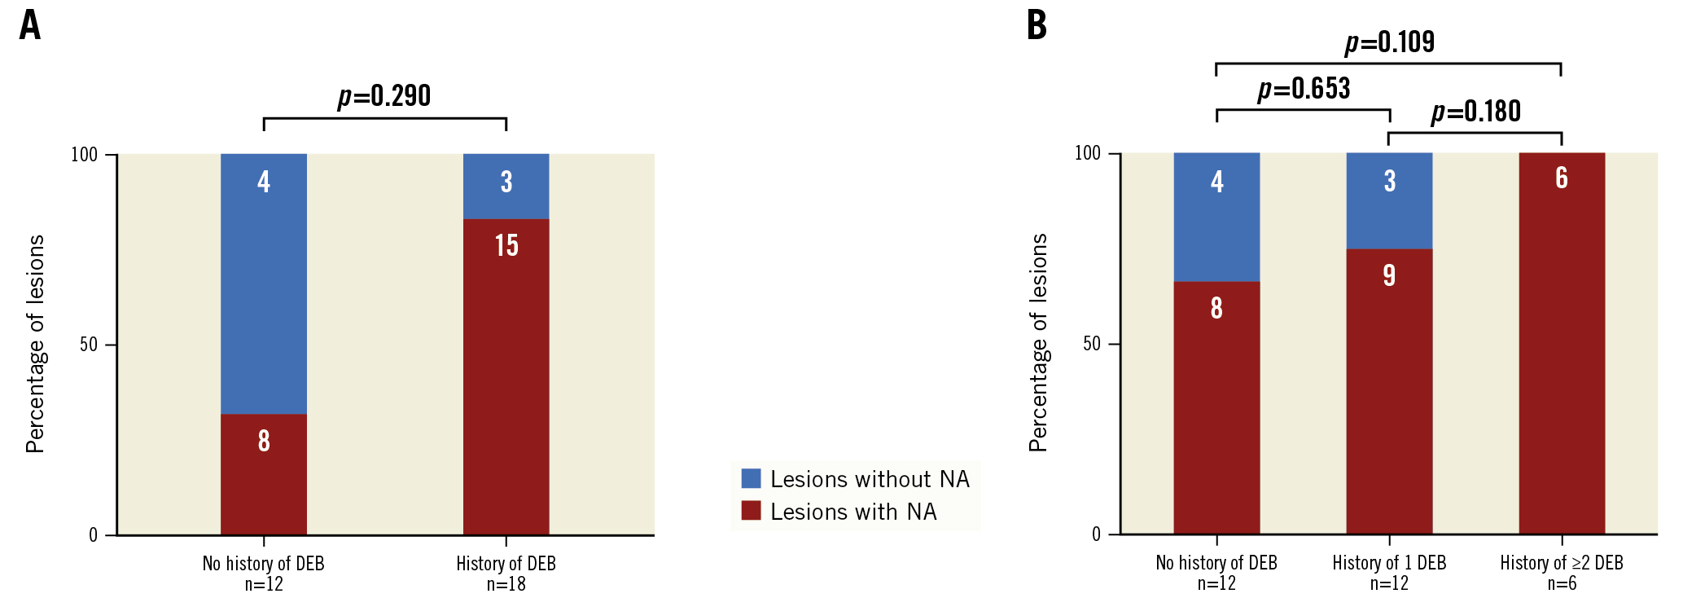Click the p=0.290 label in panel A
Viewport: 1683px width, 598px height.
tap(383, 96)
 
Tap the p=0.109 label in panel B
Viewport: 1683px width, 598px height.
tap(1389, 42)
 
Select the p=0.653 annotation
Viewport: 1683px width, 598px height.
tap(1304, 89)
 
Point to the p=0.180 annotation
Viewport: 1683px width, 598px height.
tap(1475, 112)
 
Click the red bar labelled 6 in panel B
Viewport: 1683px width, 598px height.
tap(1561, 343)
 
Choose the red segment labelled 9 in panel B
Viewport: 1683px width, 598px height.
tap(1389, 391)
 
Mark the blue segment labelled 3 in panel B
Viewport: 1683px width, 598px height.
tap(1389, 200)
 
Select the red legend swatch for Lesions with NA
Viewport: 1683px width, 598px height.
tap(751, 511)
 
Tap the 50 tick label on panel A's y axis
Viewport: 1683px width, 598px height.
tap(88, 345)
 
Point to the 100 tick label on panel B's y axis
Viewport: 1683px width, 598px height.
tap(1087, 153)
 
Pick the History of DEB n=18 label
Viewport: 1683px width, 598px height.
tap(506, 573)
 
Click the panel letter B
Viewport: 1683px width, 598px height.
tap(1037, 25)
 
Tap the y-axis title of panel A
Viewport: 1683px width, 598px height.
tap(35, 344)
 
